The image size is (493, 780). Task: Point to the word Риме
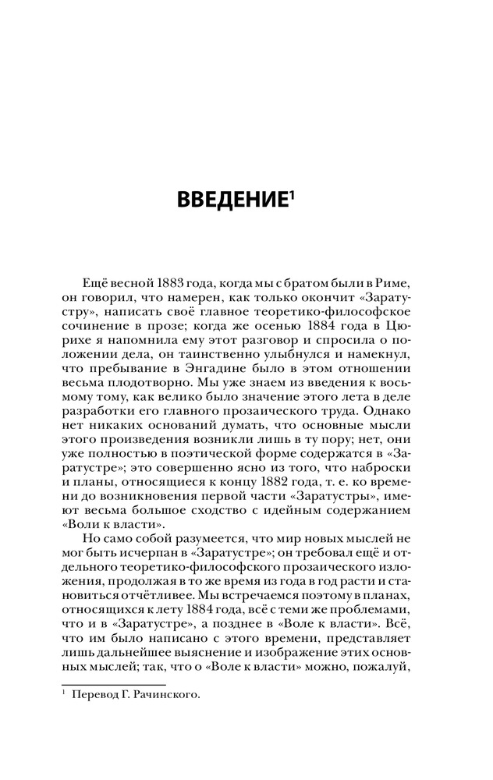pyautogui.click(x=393, y=281)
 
